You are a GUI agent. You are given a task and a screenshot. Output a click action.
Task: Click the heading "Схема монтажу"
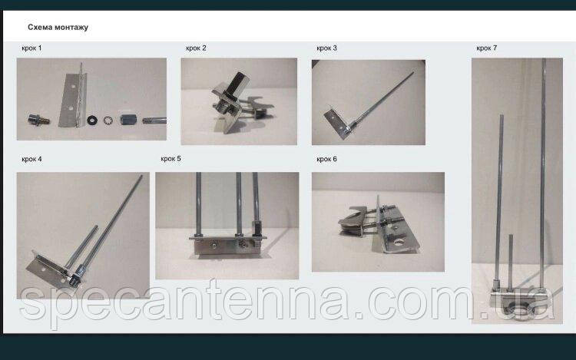(58, 28)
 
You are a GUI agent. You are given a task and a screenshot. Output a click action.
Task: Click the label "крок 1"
(31, 48)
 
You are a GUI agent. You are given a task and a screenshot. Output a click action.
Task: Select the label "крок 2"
(196, 48)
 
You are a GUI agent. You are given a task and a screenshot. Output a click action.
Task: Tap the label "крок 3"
(326, 48)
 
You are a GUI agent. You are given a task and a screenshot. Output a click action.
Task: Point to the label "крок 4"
(31, 159)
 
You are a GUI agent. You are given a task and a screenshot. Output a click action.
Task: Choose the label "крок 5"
(170, 159)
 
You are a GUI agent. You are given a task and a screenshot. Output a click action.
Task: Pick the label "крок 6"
(326, 159)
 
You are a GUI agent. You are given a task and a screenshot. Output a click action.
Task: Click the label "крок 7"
(486, 48)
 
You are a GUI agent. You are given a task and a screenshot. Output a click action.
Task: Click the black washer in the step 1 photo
(92, 120)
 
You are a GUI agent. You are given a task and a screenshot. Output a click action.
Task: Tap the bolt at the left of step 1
(39, 120)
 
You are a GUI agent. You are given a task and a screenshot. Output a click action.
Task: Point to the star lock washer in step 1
(108, 120)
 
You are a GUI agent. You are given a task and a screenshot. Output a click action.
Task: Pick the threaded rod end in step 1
(154, 121)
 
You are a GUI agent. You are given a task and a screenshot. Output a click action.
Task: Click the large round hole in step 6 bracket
(399, 243)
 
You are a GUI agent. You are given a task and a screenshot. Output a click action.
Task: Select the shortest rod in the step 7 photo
(511, 261)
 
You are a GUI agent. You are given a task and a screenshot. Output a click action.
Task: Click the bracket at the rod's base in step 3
(338, 122)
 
